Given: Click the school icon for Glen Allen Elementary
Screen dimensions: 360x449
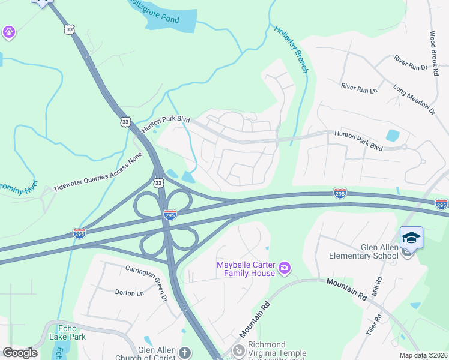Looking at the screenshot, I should (x=411, y=238).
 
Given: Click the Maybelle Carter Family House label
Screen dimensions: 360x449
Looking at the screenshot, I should (x=246, y=269).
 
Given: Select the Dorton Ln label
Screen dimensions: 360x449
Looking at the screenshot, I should (x=129, y=293).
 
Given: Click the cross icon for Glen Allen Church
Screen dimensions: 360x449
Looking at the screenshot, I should (x=185, y=353).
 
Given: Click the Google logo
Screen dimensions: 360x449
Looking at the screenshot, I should (x=20, y=353).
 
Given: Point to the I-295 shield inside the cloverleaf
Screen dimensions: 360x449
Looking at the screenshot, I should (x=170, y=214).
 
